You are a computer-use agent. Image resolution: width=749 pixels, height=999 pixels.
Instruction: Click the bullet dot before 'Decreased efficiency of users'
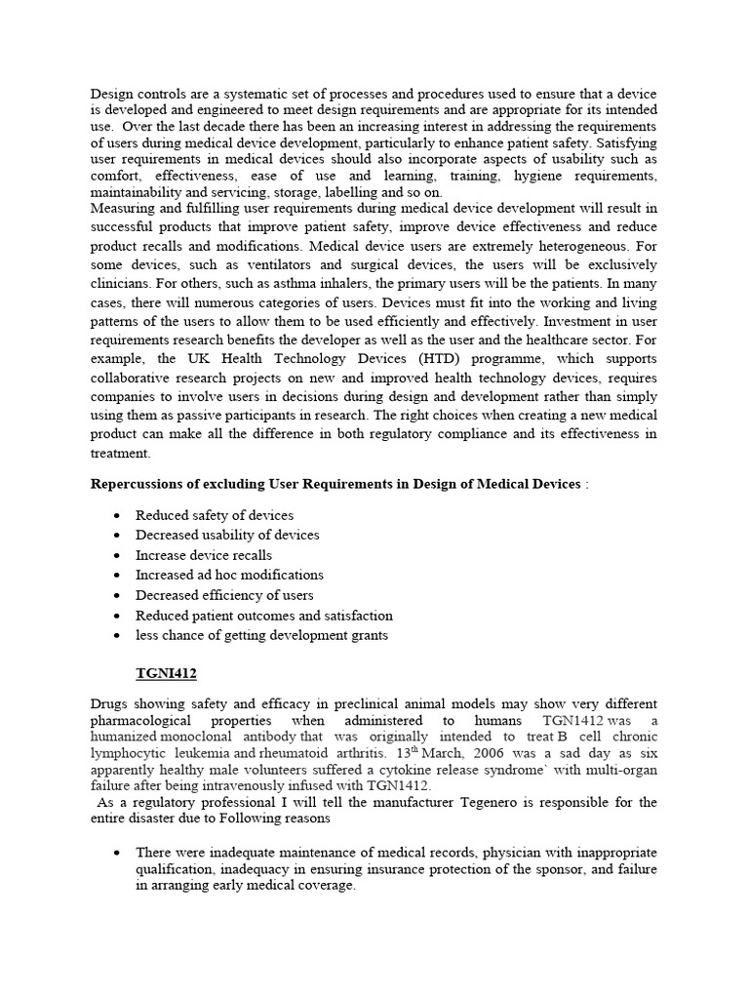coord(118,595)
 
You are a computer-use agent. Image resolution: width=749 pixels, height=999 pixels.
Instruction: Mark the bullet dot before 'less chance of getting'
coord(118,635)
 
